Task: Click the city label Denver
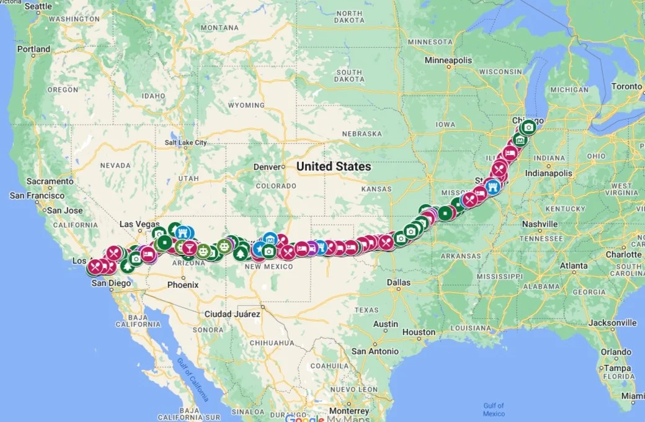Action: click(267, 167)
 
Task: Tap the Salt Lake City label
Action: click(185, 143)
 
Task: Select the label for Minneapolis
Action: click(448, 60)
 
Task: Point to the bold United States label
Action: click(334, 166)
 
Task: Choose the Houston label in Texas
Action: click(419, 332)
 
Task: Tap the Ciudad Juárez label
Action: click(233, 314)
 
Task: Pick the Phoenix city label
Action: click(183, 285)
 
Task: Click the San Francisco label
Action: click(37, 195)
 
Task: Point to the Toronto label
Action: click(627, 87)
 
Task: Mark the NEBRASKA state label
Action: click(360, 133)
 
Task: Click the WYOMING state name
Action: click(246, 105)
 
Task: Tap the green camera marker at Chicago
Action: click(528, 127)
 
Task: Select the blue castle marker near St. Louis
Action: click(492, 187)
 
